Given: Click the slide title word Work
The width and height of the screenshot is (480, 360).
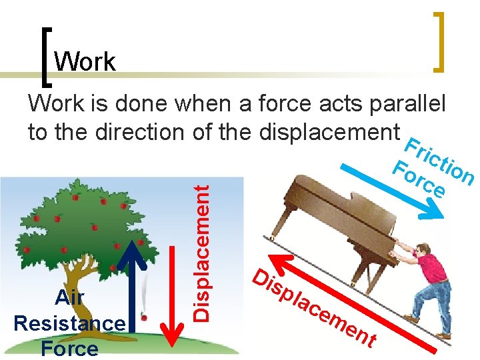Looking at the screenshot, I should pos(85,62).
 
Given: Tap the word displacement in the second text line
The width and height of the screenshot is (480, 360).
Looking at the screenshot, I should pos(330,131).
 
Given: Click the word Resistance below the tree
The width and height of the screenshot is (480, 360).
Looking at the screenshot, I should pos(69,323).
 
